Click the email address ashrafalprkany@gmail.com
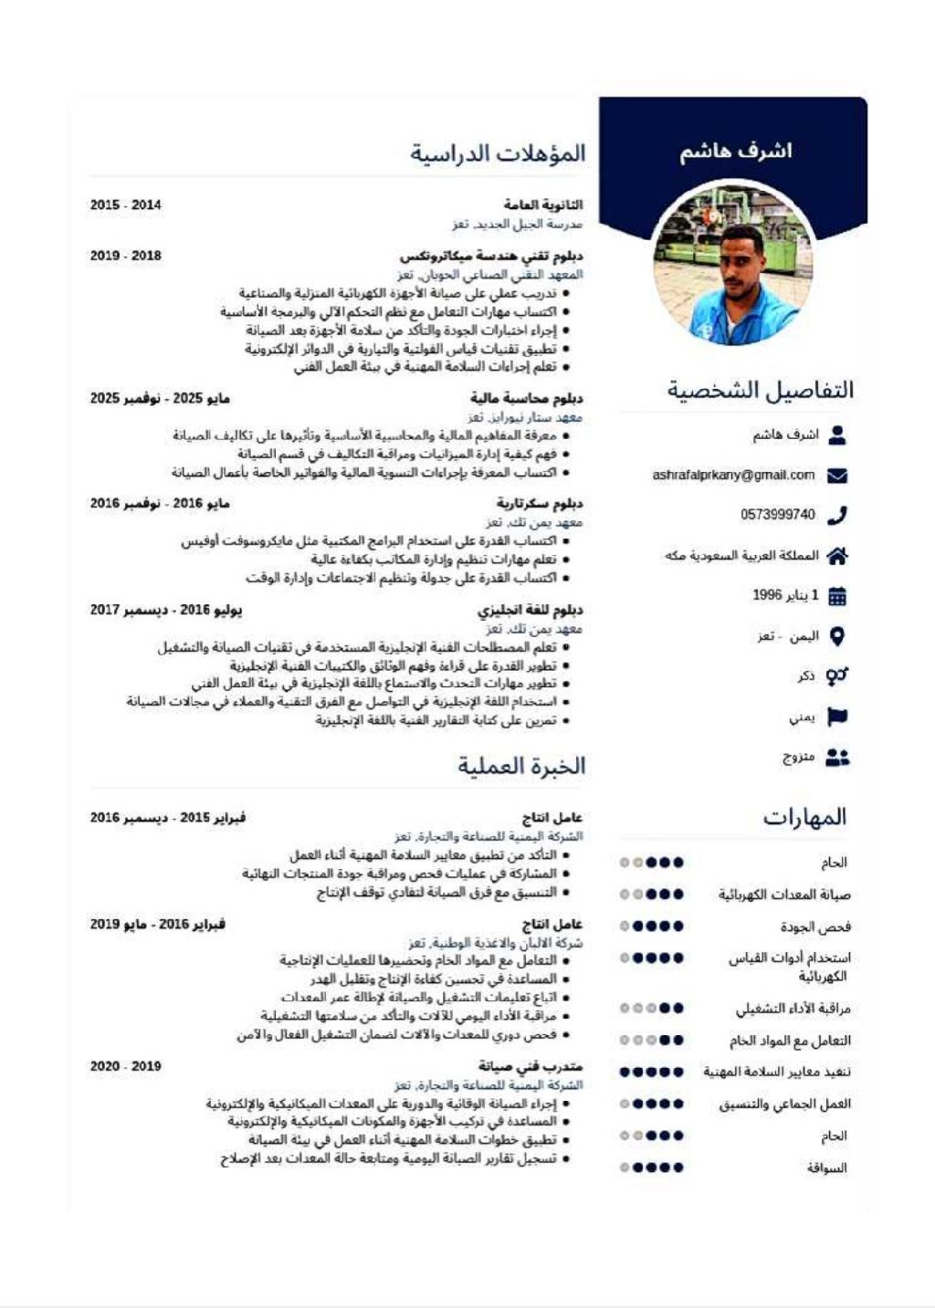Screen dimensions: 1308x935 [x=733, y=476]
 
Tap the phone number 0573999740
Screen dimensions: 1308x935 [x=778, y=515]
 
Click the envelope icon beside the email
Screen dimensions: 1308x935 [x=836, y=476]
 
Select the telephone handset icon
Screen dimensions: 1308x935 [x=836, y=516]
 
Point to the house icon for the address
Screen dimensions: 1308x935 [x=836, y=556]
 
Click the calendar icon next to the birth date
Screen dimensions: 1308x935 [x=836, y=597]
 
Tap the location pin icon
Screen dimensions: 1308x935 [x=836, y=636]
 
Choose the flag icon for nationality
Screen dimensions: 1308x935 [x=836, y=717]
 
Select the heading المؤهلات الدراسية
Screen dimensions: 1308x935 [x=498, y=153]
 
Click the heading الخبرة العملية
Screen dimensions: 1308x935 [x=521, y=766]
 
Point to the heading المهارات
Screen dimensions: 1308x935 [x=805, y=817]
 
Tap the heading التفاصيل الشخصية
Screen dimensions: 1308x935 [x=761, y=391]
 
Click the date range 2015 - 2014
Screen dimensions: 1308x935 [x=126, y=205]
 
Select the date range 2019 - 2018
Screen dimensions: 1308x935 [x=126, y=256]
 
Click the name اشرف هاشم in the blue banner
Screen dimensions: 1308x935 [x=735, y=152]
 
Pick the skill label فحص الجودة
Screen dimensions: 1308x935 [x=815, y=927]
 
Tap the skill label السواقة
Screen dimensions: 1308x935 [x=827, y=1168]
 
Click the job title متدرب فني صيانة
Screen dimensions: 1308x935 [x=531, y=1066]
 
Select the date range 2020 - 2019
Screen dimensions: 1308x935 [x=126, y=1066]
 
